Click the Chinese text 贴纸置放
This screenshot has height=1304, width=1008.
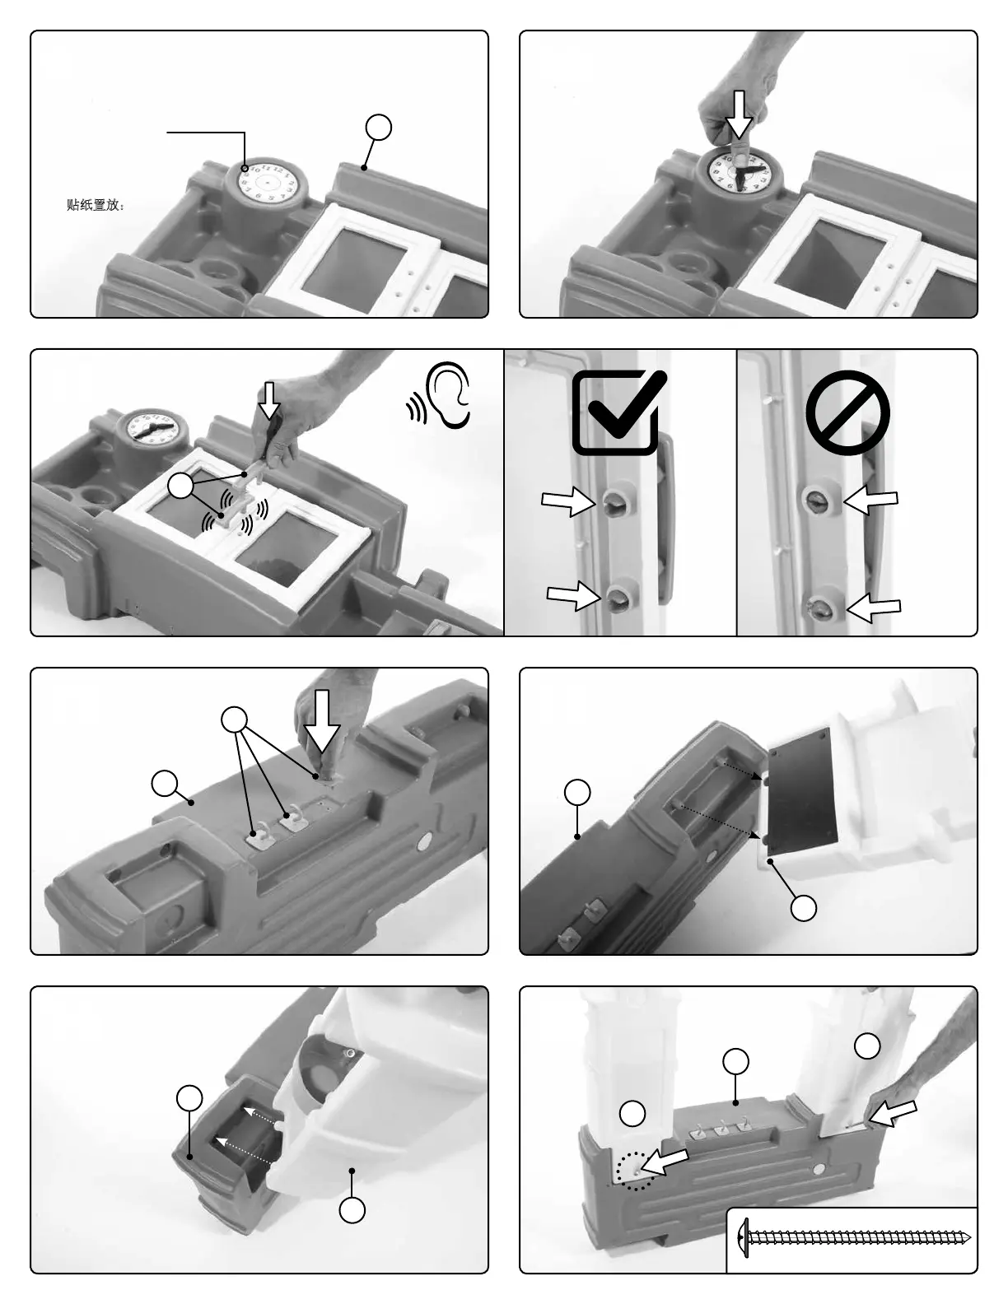pyautogui.click(x=96, y=205)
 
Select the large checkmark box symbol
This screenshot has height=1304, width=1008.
pyautogui.click(x=618, y=412)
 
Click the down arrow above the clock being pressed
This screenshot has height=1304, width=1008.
pyautogui.click(x=740, y=114)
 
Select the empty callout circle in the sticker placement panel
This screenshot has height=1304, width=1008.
pyautogui.click(x=378, y=127)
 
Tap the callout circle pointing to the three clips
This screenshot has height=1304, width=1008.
pyautogui.click(x=235, y=720)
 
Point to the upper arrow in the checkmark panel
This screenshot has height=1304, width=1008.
pyautogui.click(x=568, y=501)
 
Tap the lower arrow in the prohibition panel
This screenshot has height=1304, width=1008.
pyautogui.click(x=874, y=608)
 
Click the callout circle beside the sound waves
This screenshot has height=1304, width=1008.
pyautogui.click(x=180, y=487)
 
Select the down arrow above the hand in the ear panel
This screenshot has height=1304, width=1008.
pyautogui.click(x=268, y=400)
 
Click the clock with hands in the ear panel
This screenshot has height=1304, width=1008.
pyautogui.click(x=152, y=429)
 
